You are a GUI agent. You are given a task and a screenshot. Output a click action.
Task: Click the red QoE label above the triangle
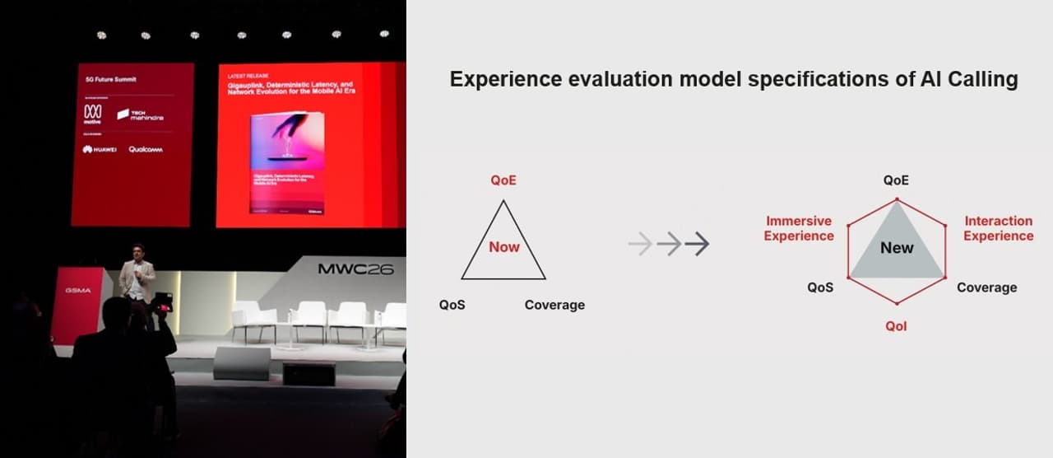tap(503, 180)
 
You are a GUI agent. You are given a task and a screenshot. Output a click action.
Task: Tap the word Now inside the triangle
tap(503, 247)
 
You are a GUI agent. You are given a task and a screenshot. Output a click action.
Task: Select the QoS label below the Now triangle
tap(452, 305)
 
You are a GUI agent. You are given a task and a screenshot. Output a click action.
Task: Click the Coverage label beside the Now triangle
tap(554, 305)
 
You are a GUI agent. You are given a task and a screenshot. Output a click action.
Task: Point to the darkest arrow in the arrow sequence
tap(697, 244)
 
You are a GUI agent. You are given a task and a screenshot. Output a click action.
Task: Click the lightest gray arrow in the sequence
tap(640, 244)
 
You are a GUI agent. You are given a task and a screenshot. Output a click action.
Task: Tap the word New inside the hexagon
tap(897, 248)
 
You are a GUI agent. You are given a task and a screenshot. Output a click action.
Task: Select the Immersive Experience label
tap(798, 228)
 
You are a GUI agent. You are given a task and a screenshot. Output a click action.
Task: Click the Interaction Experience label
tap(998, 228)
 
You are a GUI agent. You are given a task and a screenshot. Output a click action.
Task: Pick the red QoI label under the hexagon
tap(896, 326)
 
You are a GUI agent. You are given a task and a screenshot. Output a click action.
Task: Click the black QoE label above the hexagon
tap(896, 180)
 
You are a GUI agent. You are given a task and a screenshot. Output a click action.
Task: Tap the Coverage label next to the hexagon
tap(986, 287)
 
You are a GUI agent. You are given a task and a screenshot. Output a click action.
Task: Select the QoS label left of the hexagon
tap(820, 287)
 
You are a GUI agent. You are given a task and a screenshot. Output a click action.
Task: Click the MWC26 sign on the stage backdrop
tap(355, 269)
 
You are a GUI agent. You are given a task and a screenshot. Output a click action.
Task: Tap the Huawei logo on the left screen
tap(99, 149)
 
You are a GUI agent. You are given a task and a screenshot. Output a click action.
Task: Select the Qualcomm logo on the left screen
tap(145, 149)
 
